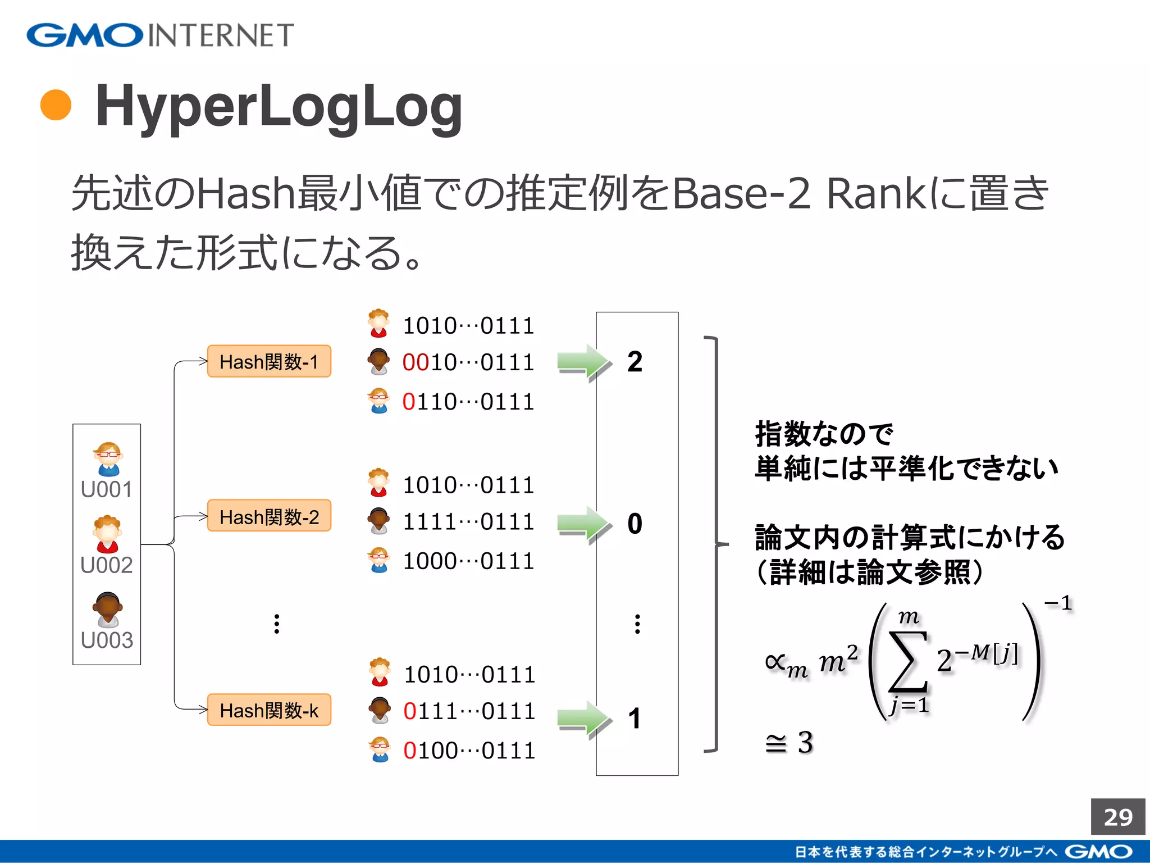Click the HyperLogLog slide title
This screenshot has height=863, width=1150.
click(x=279, y=107)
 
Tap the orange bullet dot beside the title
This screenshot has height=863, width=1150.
click(x=56, y=105)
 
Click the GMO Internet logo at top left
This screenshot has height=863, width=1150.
click(x=160, y=35)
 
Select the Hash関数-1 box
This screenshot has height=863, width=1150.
click(x=269, y=361)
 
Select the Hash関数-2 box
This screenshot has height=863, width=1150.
click(x=269, y=516)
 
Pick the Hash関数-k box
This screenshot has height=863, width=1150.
click(x=269, y=710)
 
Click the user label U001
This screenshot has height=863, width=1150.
click(x=107, y=489)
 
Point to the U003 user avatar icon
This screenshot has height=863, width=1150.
click(x=107, y=608)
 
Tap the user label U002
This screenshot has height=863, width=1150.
click(x=107, y=565)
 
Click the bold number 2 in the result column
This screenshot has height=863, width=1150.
click(x=635, y=362)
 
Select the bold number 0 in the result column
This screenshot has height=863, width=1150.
click(x=635, y=524)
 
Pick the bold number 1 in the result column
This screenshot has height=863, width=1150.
click(x=635, y=719)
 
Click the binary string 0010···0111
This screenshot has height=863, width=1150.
click(x=468, y=362)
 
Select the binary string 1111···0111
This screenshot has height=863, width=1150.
click(x=468, y=522)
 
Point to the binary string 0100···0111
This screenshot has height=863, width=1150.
click(x=469, y=751)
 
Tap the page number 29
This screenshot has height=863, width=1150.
click(x=1117, y=817)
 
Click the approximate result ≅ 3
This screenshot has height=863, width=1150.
click(x=790, y=743)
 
